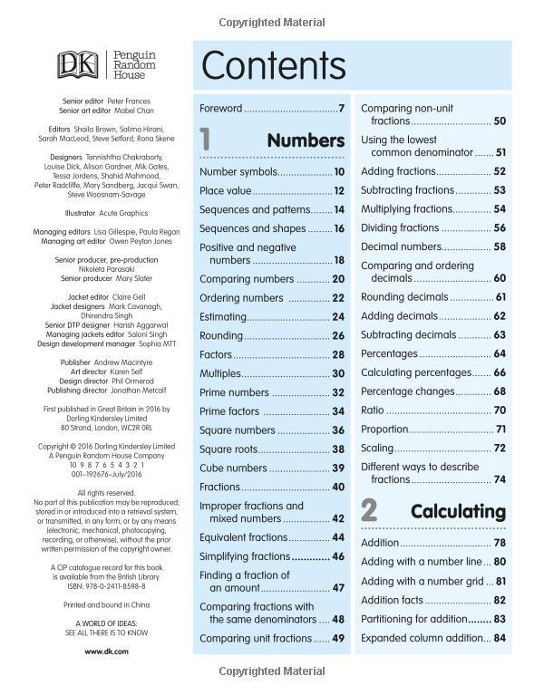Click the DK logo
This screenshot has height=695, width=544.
coord(78,64)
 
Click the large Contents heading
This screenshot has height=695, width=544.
coord(273,66)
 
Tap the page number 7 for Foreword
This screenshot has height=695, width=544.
coord(341,109)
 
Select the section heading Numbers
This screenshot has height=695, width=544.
coord(306,140)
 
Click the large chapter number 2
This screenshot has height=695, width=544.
coord(369,510)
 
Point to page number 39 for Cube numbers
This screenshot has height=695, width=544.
coord(338,468)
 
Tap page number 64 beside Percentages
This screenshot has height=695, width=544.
coord(499,353)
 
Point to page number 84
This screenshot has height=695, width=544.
coord(499,638)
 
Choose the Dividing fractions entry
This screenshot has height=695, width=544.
coord(400,228)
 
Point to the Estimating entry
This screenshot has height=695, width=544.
coord(223,317)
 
